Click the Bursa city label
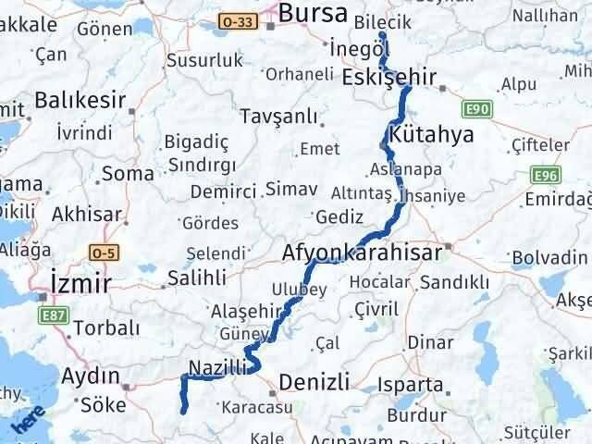[313, 14]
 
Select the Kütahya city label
[432, 134]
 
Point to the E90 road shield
[477, 110]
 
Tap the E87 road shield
[54, 315]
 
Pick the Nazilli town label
[217, 367]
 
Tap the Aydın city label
[92, 376]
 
